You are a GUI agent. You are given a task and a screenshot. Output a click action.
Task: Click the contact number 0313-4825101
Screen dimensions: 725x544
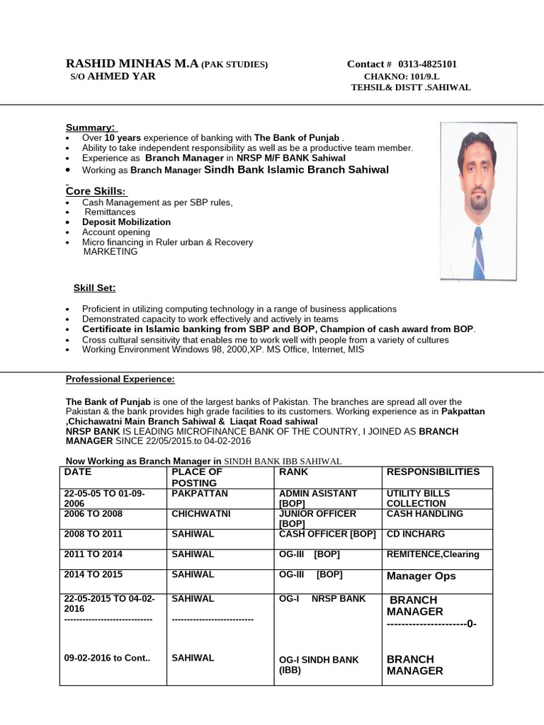427,64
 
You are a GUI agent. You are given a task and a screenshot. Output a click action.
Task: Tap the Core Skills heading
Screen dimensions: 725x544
96,191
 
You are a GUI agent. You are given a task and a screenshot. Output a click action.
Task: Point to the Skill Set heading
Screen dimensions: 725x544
95,288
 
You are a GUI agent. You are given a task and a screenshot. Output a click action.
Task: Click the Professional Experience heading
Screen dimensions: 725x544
120,379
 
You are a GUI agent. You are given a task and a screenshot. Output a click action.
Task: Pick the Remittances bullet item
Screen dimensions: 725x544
110,212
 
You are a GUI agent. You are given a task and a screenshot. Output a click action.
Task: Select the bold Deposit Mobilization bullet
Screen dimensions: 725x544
126,222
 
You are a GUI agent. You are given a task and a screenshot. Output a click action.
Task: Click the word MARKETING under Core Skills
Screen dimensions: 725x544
110,251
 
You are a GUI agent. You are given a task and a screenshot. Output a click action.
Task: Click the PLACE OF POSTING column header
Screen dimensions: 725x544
197,476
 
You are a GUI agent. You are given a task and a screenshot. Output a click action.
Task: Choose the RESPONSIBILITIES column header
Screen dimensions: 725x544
433,472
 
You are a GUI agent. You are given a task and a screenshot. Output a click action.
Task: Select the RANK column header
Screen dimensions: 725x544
294,472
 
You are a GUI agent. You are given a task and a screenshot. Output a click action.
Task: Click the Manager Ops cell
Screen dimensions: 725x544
421,576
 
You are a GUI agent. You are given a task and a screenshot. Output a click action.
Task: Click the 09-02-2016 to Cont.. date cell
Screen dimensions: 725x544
107,658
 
